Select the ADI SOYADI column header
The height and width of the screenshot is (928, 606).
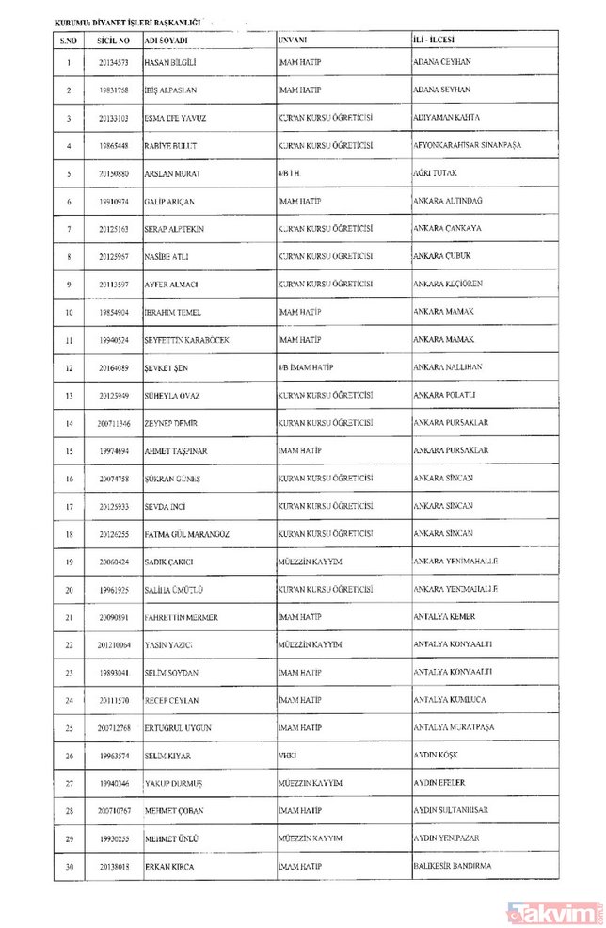[x=166, y=41]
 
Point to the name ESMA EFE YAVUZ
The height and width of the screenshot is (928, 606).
[x=175, y=119]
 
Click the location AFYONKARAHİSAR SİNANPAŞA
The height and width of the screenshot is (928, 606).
[x=467, y=146]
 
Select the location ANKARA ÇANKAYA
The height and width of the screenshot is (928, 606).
[x=449, y=229]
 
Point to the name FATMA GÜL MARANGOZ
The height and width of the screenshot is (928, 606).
[x=187, y=535]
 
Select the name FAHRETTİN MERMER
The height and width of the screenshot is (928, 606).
[x=181, y=618]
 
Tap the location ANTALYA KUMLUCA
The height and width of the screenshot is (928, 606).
[x=453, y=701]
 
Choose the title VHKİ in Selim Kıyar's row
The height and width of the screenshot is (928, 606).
[x=288, y=757]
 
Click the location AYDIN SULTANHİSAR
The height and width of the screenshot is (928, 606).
[x=455, y=811]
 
